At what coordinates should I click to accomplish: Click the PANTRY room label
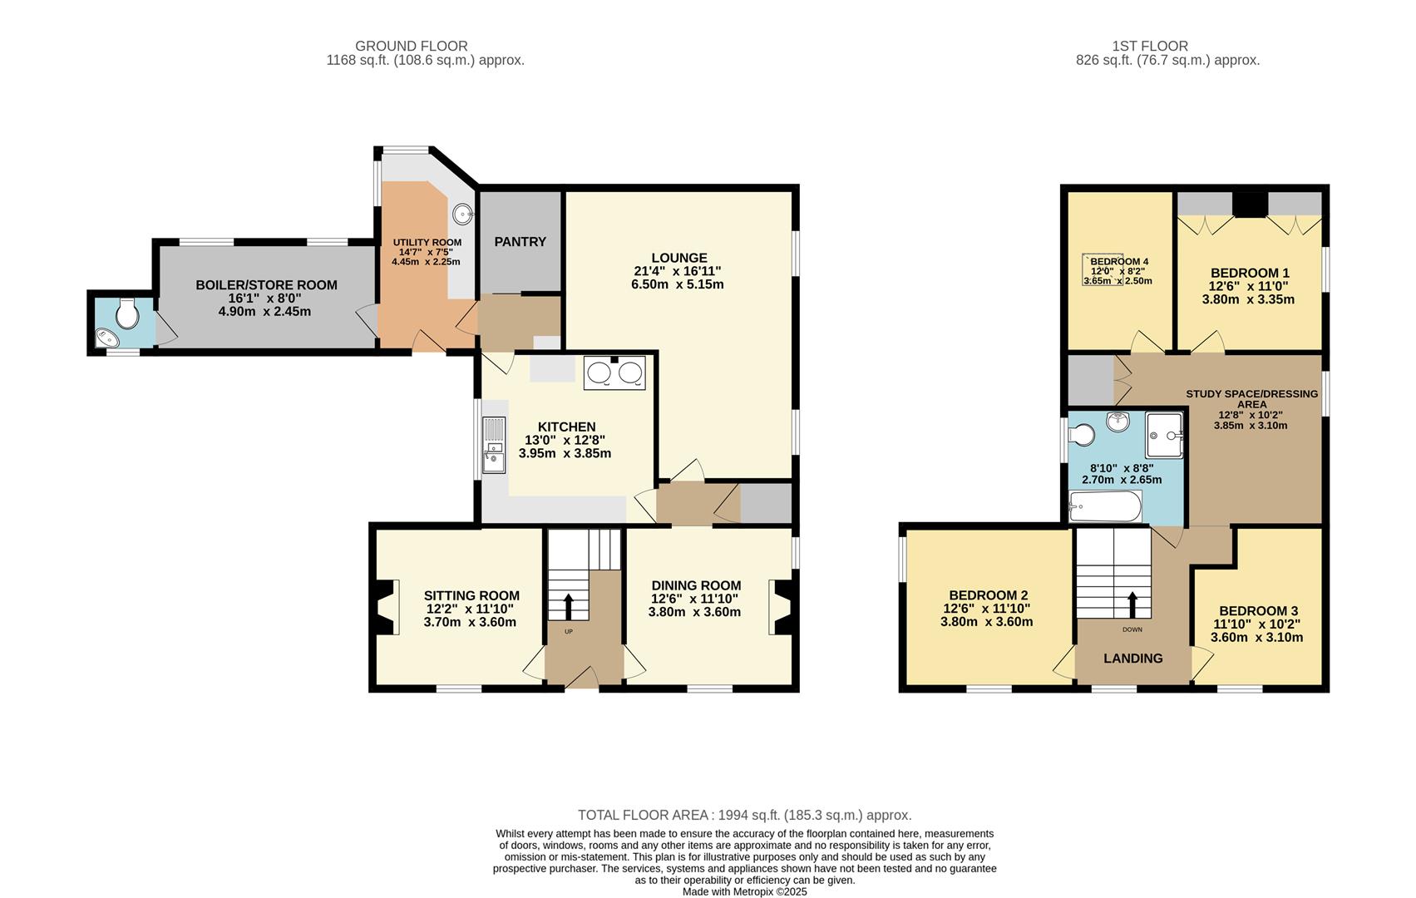pos(520,242)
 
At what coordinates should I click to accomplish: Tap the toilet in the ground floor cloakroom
pos(127,313)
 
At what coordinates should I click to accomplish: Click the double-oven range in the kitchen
pos(614,373)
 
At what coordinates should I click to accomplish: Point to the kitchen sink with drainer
pos(494,445)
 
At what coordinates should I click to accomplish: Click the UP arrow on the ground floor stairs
pos(569,606)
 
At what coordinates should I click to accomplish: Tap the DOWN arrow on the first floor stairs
pos(1132,604)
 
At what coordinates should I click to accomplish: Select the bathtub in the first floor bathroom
pos(1105,506)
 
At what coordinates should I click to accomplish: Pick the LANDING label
pos(1132,659)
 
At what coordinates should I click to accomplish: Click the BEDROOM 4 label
pos(1118,261)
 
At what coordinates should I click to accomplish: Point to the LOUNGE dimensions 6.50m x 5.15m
pos(677,284)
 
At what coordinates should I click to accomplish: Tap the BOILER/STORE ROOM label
pos(266,285)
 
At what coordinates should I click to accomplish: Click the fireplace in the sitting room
pos(386,608)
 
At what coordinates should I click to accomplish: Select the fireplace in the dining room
pos(782,607)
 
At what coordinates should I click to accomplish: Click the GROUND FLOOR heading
pos(411,47)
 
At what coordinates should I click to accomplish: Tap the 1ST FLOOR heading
pos(1149,47)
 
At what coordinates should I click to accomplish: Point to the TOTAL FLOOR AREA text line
pos(744,816)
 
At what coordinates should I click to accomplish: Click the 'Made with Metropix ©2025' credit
pos(744,891)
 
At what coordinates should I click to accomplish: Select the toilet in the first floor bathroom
pos(1083,435)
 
